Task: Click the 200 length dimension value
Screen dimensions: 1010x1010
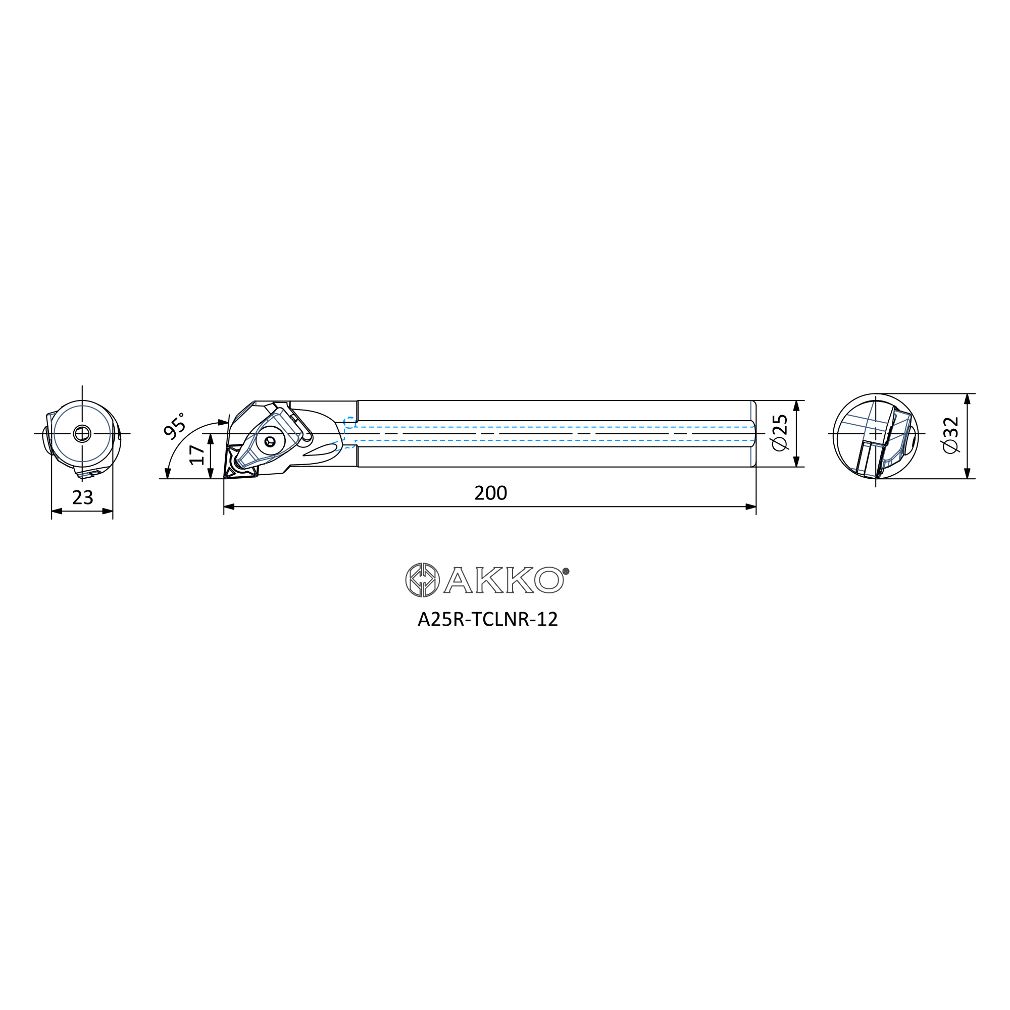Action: point(490,493)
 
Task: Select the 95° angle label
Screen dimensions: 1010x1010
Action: point(175,425)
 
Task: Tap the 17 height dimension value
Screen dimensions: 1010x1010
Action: point(197,455)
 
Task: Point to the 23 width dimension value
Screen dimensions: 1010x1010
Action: point(83,497)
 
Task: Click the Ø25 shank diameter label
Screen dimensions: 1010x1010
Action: point(779,433)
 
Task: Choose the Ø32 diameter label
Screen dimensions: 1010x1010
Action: point(950,435)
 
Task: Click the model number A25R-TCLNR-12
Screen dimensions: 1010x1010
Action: point(488,620)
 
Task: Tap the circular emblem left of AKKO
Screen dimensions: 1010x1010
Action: point(422,580)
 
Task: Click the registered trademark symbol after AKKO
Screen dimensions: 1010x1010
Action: point(566,571)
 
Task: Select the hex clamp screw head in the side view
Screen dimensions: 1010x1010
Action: point(270,442)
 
